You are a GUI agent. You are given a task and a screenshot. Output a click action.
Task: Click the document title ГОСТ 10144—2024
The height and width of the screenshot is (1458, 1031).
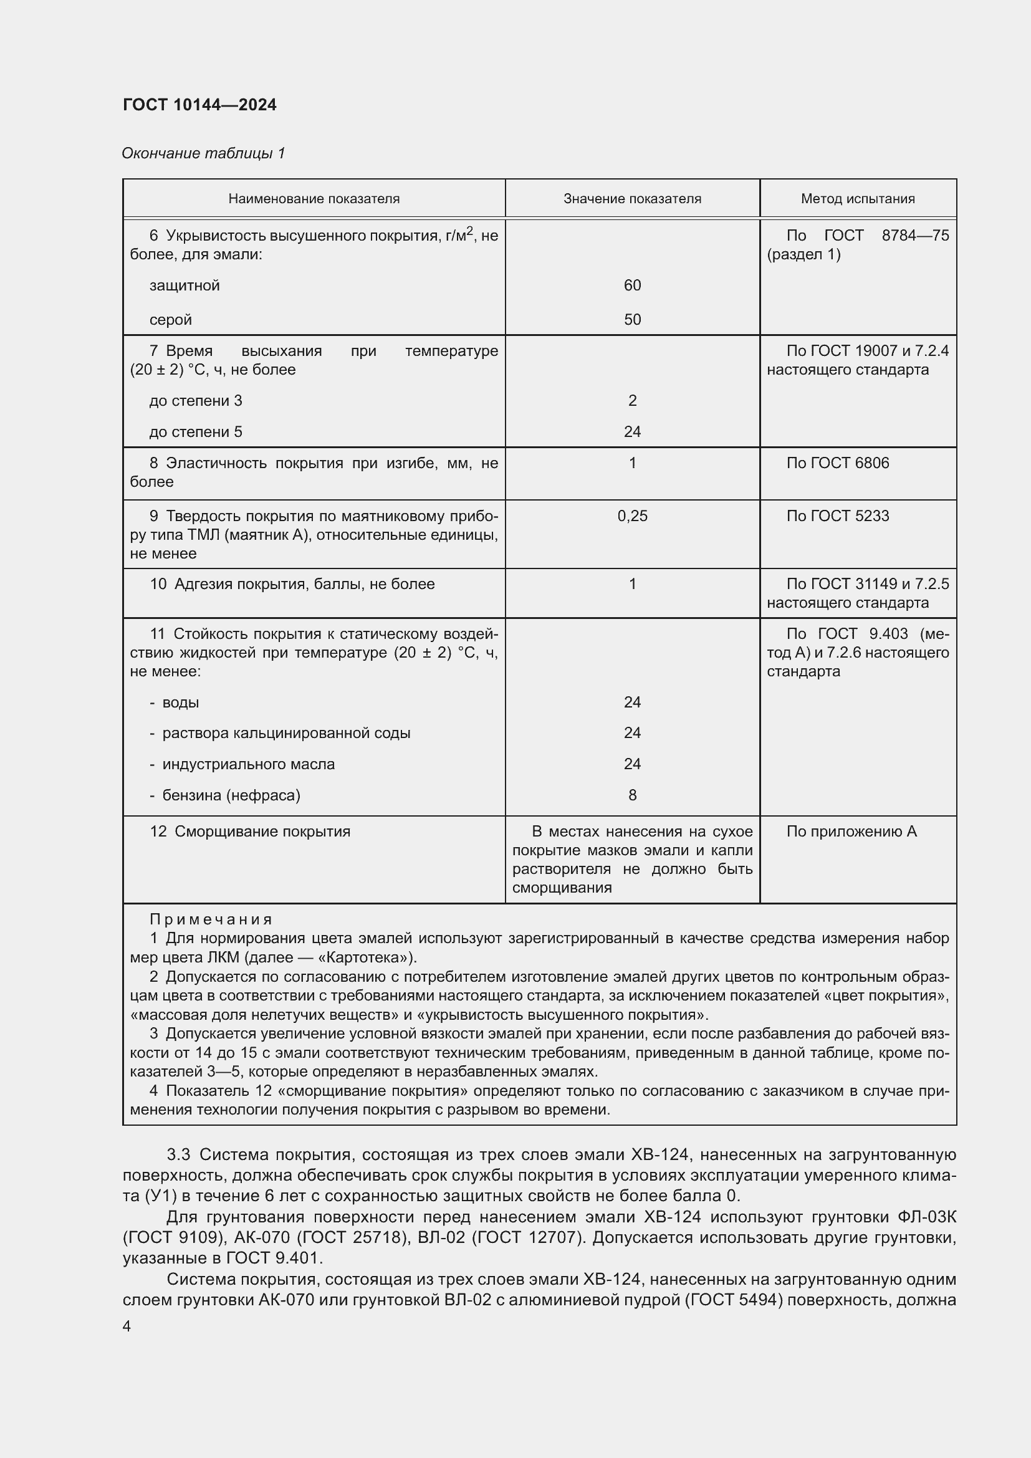click(x=199, y=105)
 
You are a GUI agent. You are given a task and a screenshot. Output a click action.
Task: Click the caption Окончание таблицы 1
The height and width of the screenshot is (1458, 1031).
click(x=203, y=153)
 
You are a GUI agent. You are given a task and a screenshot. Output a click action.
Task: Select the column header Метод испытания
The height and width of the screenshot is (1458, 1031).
click(x=857, y=199)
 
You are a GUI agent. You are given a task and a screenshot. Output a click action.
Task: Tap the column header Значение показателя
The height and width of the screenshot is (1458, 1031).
click(x=631, y=199)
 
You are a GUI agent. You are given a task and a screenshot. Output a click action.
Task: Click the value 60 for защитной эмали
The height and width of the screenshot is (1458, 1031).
click(x=631, y=285)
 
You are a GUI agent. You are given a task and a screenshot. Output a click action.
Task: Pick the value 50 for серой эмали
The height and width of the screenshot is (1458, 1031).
click(x=631, y=319)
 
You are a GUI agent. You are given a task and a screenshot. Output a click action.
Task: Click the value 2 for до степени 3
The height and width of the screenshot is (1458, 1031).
click(x=631, y=401)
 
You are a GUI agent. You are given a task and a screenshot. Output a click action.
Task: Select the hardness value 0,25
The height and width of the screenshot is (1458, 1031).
click(x=631, y=516)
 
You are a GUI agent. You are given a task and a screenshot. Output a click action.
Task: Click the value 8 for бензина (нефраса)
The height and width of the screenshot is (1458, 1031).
click(x=631, y=795)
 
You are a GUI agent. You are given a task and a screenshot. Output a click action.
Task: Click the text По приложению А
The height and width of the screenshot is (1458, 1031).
click(x=851, y=832)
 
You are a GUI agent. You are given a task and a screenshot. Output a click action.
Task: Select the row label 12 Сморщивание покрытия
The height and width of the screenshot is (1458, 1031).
click(x=249, y=832)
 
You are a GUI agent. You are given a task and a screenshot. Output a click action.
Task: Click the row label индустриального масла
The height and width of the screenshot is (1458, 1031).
click(x=248, y=764)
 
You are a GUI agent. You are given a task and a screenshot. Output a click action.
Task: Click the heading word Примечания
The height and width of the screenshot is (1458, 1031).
click(x=211, y=919)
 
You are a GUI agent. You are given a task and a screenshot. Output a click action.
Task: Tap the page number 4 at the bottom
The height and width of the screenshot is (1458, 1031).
click(x=127, y=1326)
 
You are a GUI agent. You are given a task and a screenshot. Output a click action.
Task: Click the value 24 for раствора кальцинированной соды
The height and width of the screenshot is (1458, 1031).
click(x=631, y=733)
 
